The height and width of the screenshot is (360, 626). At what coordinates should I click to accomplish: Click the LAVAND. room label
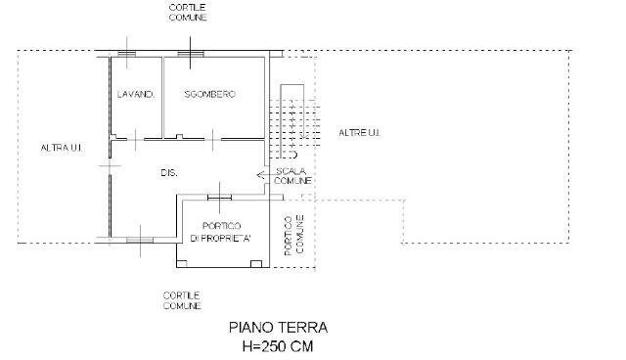pyautogui.click(x=136, y=95)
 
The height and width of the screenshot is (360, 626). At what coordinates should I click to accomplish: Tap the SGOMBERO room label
pyautogui.click(x=209, y=94)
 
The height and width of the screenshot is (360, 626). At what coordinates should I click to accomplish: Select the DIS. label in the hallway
pyautogui.click(x=169, y=173)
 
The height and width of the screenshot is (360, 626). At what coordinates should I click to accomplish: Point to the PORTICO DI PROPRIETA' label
pyautogui.click(x=221, y=232)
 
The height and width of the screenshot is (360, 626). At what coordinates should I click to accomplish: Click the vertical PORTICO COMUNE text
pyautogui.click(x=294, y=236)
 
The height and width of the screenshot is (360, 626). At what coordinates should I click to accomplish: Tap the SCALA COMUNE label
pyautogui.click(x=292, y=176)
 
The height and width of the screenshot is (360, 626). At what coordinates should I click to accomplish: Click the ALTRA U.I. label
pyautogui.click(x=62, y=148)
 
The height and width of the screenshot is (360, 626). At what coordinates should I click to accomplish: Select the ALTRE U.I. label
pyautogui.click(x=359, y=133)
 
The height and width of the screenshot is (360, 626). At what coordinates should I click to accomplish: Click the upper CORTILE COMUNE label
pyautogui.click(x=188, y=13)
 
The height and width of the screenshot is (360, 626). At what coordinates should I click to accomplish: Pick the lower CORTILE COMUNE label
pyautogui.click(x=182, y=301)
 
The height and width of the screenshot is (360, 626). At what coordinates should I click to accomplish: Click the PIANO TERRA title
pyautogui.click(x=278, y=328)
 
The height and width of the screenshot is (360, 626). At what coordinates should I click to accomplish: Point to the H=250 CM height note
pyautogui.click(x=278, y=346)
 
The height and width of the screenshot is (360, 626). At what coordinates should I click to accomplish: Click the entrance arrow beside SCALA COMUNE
pyautogui.click(x=266, y=175)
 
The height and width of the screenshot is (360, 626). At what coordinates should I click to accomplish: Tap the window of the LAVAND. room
pyautogui.click(x=127, y=54)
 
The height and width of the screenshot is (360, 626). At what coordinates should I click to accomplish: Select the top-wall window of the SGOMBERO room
pyautogui.click(x=191, y=54)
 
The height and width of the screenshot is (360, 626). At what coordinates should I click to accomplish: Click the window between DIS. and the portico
pyautogui.click(x=219, y=198)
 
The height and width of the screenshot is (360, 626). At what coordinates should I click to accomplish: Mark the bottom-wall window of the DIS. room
pyautogui.click(x=140, y=240)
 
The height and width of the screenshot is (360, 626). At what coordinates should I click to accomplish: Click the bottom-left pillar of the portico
pyautogui.click(x=182, y=264)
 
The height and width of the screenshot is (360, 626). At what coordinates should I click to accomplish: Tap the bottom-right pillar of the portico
pyautogui.click(x=256, y=264)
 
